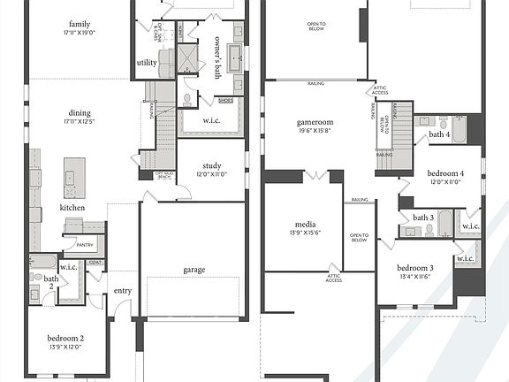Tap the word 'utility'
pyautogui.click(x=146, y=63)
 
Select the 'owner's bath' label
pyautogui.click(x=218, y=58)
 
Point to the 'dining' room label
pyautogui.click(x=80, y=112)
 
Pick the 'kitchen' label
pyautogui.click(x=73, y=207)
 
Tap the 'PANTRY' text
pyautogui.click(x=85, y=244)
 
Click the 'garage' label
pyautogui.click(x=194, y=270)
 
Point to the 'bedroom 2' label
pyautogui.click(x=67, y=338)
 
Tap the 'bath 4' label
pyautogui.click(x=439, y=135)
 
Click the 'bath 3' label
pyautogui.click(x=424, y=218)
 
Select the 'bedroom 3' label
pyautogui.click(x=414, y=268)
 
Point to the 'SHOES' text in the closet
pyautogui.click(x=225, y=100)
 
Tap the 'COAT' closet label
pyautogui.click(x=96, y=262)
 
